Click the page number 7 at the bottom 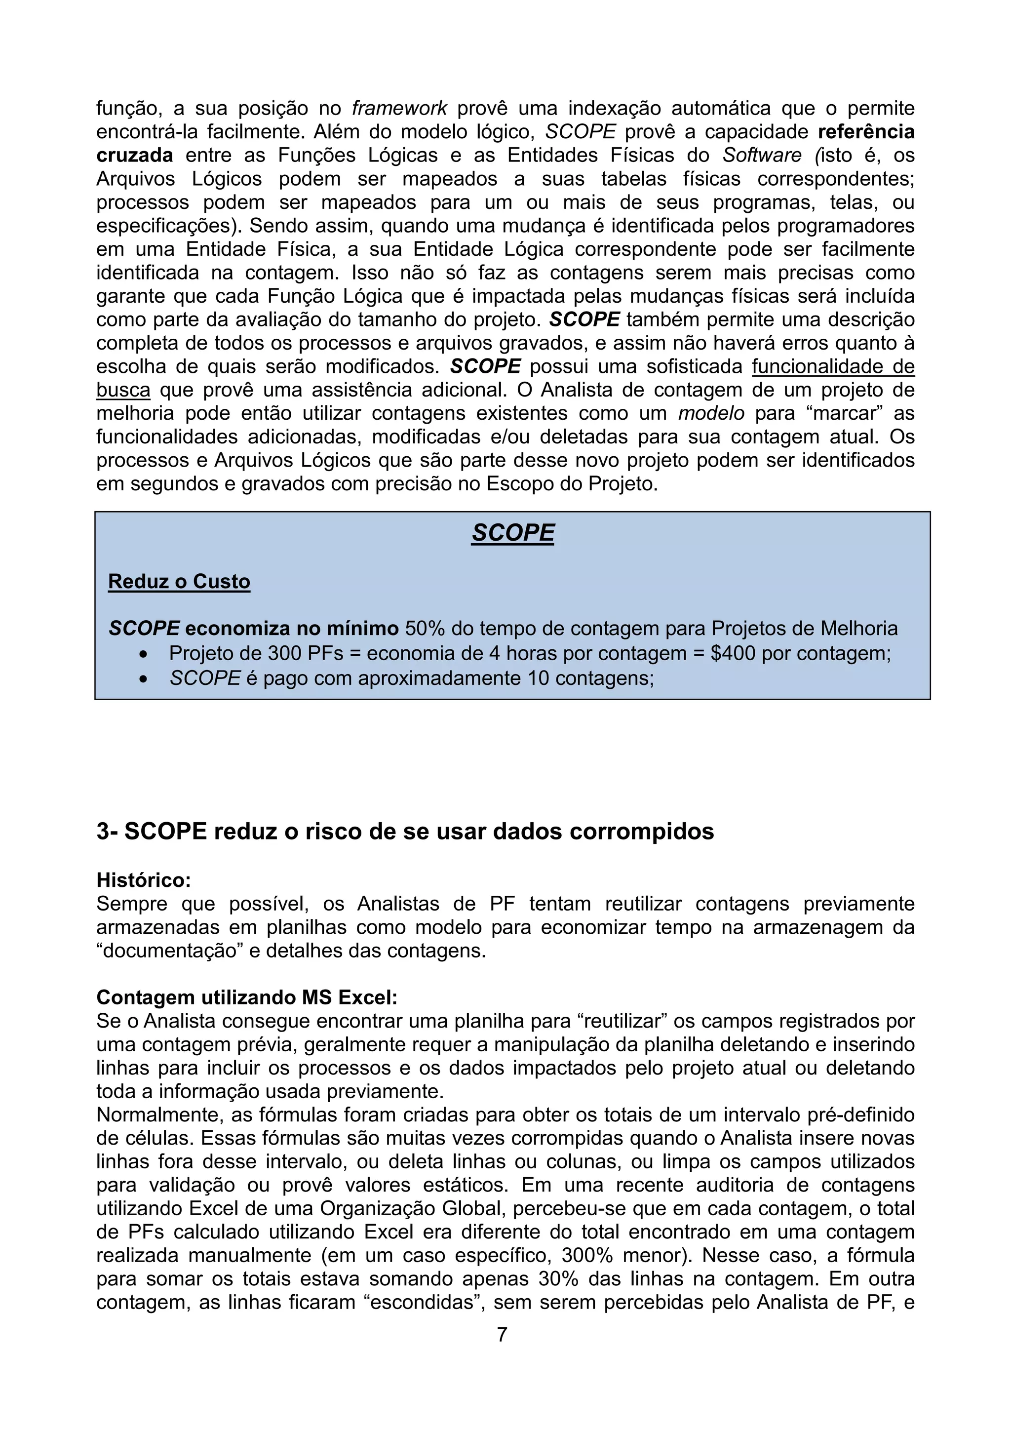tap(502, 1334)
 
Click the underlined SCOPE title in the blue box tap(513, 533)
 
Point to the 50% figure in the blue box tap(425, 628)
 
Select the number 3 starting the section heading tap(103, 832)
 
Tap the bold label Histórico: tap(143, 880)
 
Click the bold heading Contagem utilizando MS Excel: tap(247, 997)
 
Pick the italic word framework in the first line tap(399, 109)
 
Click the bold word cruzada tap(135, 155)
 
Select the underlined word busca tap(123, 390)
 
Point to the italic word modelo tap(711, 413)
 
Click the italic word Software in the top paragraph tap(762, 155)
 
